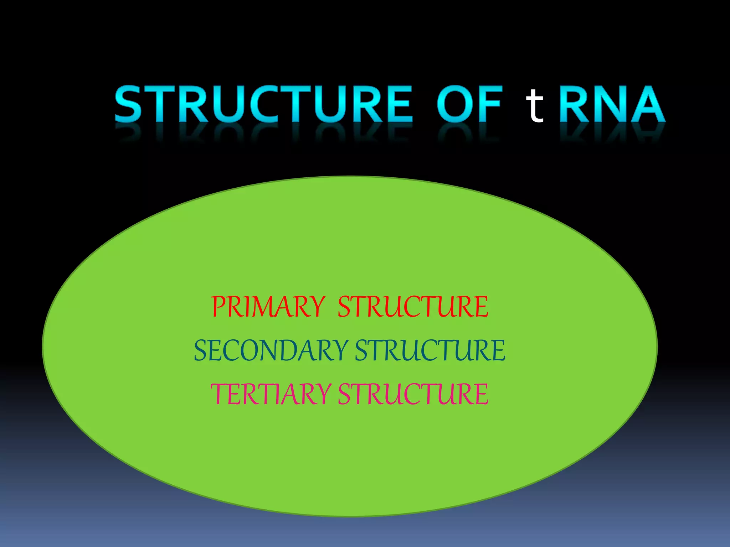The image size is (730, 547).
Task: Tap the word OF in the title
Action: pos(469,104)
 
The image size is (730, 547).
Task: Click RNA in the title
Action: pos(612,104)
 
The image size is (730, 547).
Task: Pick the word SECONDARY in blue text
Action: pos(271,350)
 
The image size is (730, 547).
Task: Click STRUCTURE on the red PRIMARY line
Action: pos(413,307)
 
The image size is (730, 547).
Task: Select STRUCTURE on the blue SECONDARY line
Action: pos(430,350)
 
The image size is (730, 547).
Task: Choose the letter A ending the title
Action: pos(647,104)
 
